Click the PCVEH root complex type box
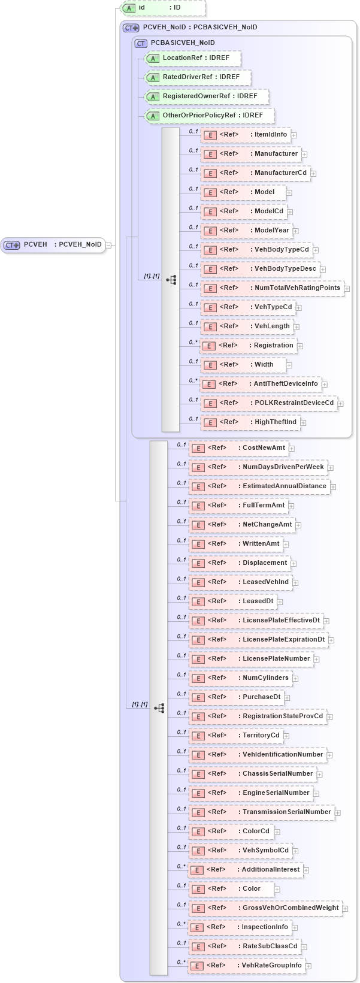(53, 244)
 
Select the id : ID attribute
(163, 8)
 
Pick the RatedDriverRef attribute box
(198, 77)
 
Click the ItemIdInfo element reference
(246, 135)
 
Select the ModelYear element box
(246, 231)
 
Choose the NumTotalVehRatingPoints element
(272, 288)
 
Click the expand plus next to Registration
(300, 346)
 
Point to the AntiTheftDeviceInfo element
(261, 384)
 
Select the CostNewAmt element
(238, 448)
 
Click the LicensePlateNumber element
(251, 659)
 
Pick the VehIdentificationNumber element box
(258, 755)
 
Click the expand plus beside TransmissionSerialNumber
(338, 813)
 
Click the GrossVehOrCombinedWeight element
(265, 908)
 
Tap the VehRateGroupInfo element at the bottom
(246, 966)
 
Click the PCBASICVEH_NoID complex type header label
(183, 43)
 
